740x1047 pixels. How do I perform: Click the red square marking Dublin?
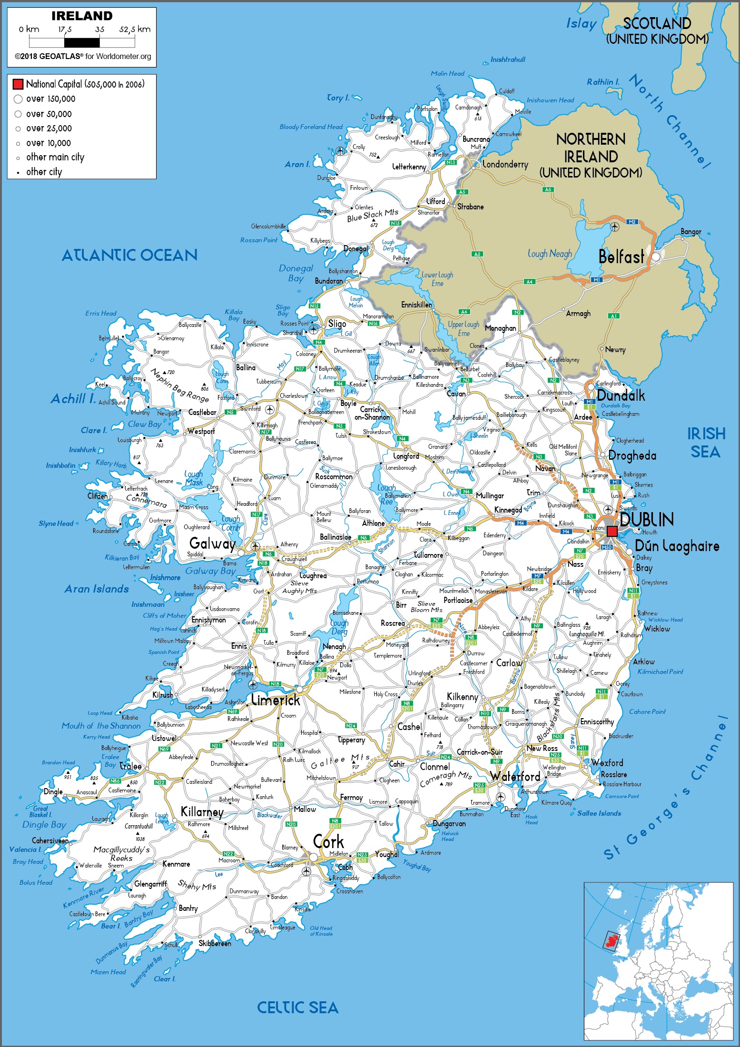612,531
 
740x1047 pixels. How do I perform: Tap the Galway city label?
212,543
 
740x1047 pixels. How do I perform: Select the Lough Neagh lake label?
550,254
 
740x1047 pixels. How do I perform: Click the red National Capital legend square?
18,84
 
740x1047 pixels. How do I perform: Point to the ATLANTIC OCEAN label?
129,256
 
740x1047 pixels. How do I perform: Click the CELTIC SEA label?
297,1007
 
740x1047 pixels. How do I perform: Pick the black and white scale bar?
82,42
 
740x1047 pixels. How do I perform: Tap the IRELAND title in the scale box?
82,16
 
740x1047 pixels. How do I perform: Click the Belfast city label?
621,257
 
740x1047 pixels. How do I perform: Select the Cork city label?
328,842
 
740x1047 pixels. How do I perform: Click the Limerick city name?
276,700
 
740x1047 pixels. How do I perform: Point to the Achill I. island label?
73,399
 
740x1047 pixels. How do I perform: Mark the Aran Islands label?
97,589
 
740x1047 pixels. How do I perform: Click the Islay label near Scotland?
581,23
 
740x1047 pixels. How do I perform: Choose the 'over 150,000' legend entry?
50,99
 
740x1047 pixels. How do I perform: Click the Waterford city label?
515,777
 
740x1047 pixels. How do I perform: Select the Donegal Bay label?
296,273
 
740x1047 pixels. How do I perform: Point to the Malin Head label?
447,73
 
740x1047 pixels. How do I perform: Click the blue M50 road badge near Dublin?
606,547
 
